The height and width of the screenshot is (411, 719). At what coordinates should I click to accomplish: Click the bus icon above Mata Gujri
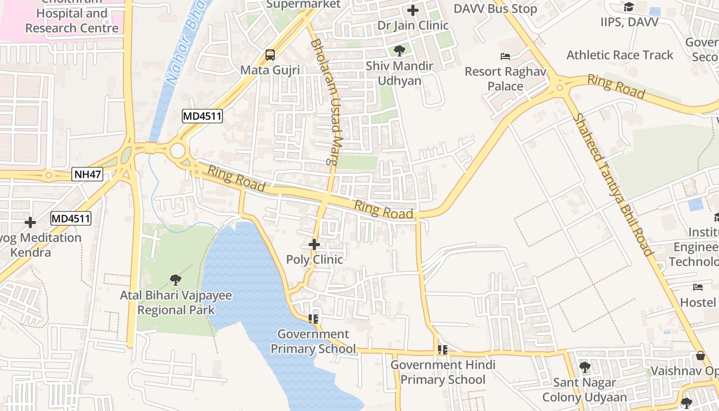click(x=270, y=54)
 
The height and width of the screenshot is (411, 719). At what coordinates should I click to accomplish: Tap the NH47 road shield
click(x=87, y=174)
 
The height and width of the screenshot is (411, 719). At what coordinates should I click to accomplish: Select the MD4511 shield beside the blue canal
click(x=202, y=117)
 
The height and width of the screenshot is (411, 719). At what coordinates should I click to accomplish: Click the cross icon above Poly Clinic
click(x=314, y=245)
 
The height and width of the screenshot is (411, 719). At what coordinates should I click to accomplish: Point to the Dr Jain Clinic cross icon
click(x=412, y=10)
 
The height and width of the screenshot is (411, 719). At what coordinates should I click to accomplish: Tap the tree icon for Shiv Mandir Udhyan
click(x=399, y=50)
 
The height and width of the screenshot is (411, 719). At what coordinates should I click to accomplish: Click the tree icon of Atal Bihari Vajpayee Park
click(x=176, y=280)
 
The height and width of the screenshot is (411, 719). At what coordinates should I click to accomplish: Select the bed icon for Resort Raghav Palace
click(x=505, y=56)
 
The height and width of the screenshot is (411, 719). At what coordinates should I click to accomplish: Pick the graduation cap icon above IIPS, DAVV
click(x=629, y=7)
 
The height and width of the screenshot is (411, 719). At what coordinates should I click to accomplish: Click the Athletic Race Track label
click(x=619, y=55)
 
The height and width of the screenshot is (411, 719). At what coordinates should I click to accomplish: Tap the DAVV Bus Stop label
click(x=495, y=9)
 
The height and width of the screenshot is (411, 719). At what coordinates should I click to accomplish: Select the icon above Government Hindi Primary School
click(x=442, y=350)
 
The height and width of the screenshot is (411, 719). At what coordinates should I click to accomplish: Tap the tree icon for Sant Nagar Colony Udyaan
click(x=584, y=367)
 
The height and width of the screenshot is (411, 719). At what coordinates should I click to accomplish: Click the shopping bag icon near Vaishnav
click(x=700, y=356)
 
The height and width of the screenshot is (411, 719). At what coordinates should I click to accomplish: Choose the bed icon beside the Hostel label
click(x=697, y=287)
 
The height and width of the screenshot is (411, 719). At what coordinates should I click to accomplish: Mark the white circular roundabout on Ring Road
click(x=178, y=151)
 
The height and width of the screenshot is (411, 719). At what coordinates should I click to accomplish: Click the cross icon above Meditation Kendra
click(x=30, y=222)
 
